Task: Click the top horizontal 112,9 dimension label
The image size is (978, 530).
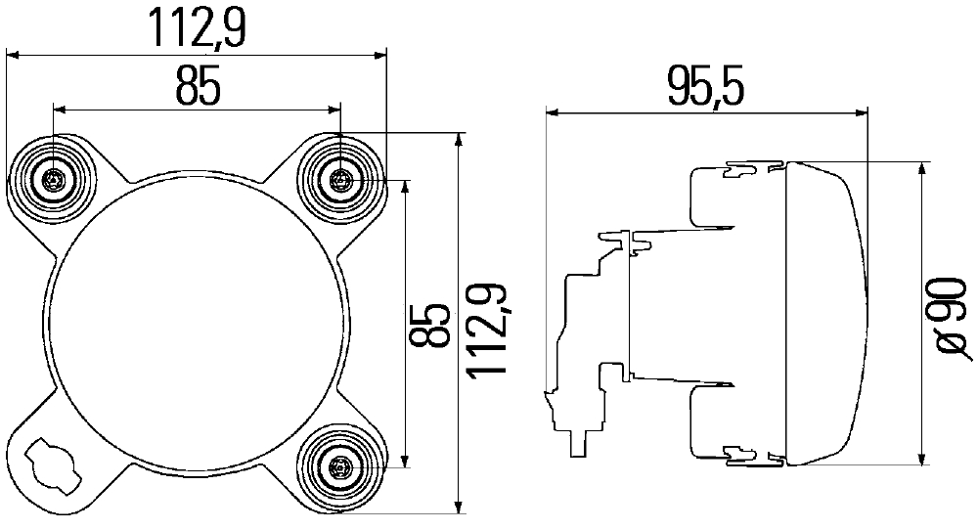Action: (x=198, y=28)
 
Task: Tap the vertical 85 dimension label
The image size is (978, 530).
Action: (x=429, y=326)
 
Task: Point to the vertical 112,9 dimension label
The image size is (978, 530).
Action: (x=487, y=331)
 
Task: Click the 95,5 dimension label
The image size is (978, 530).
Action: (x=705, y=87)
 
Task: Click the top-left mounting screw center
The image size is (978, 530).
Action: (x=53, y=181)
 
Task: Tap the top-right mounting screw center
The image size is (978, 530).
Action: (x=340, y=181)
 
